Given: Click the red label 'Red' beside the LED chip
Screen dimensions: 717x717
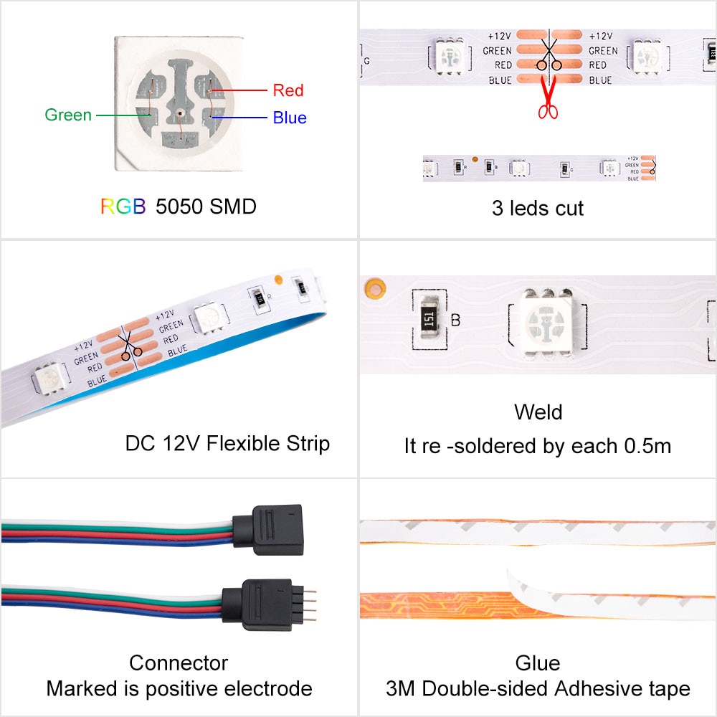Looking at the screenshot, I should (288, 90).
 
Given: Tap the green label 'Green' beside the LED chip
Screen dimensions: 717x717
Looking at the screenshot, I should (68, 115).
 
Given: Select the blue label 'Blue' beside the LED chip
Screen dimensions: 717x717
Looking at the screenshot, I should (289, 118).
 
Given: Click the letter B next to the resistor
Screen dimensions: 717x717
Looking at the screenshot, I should (455, 320).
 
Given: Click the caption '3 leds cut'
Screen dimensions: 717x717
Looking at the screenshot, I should (537, 209).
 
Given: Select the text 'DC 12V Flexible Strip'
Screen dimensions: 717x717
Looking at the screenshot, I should (227, 443).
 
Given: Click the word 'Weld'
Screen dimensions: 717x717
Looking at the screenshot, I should (538, 412).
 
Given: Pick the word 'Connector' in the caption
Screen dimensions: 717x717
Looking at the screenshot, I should (179, 663).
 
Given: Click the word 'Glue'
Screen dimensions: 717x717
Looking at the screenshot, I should (537, 663).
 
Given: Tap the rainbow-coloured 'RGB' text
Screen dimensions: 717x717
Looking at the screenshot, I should (123, 206).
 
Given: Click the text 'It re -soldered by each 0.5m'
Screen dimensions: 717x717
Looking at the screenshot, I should (537, 446).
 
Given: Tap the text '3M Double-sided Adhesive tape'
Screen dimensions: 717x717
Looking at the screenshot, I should (537, 689).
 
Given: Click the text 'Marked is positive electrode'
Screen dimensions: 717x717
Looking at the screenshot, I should (179, 689).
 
